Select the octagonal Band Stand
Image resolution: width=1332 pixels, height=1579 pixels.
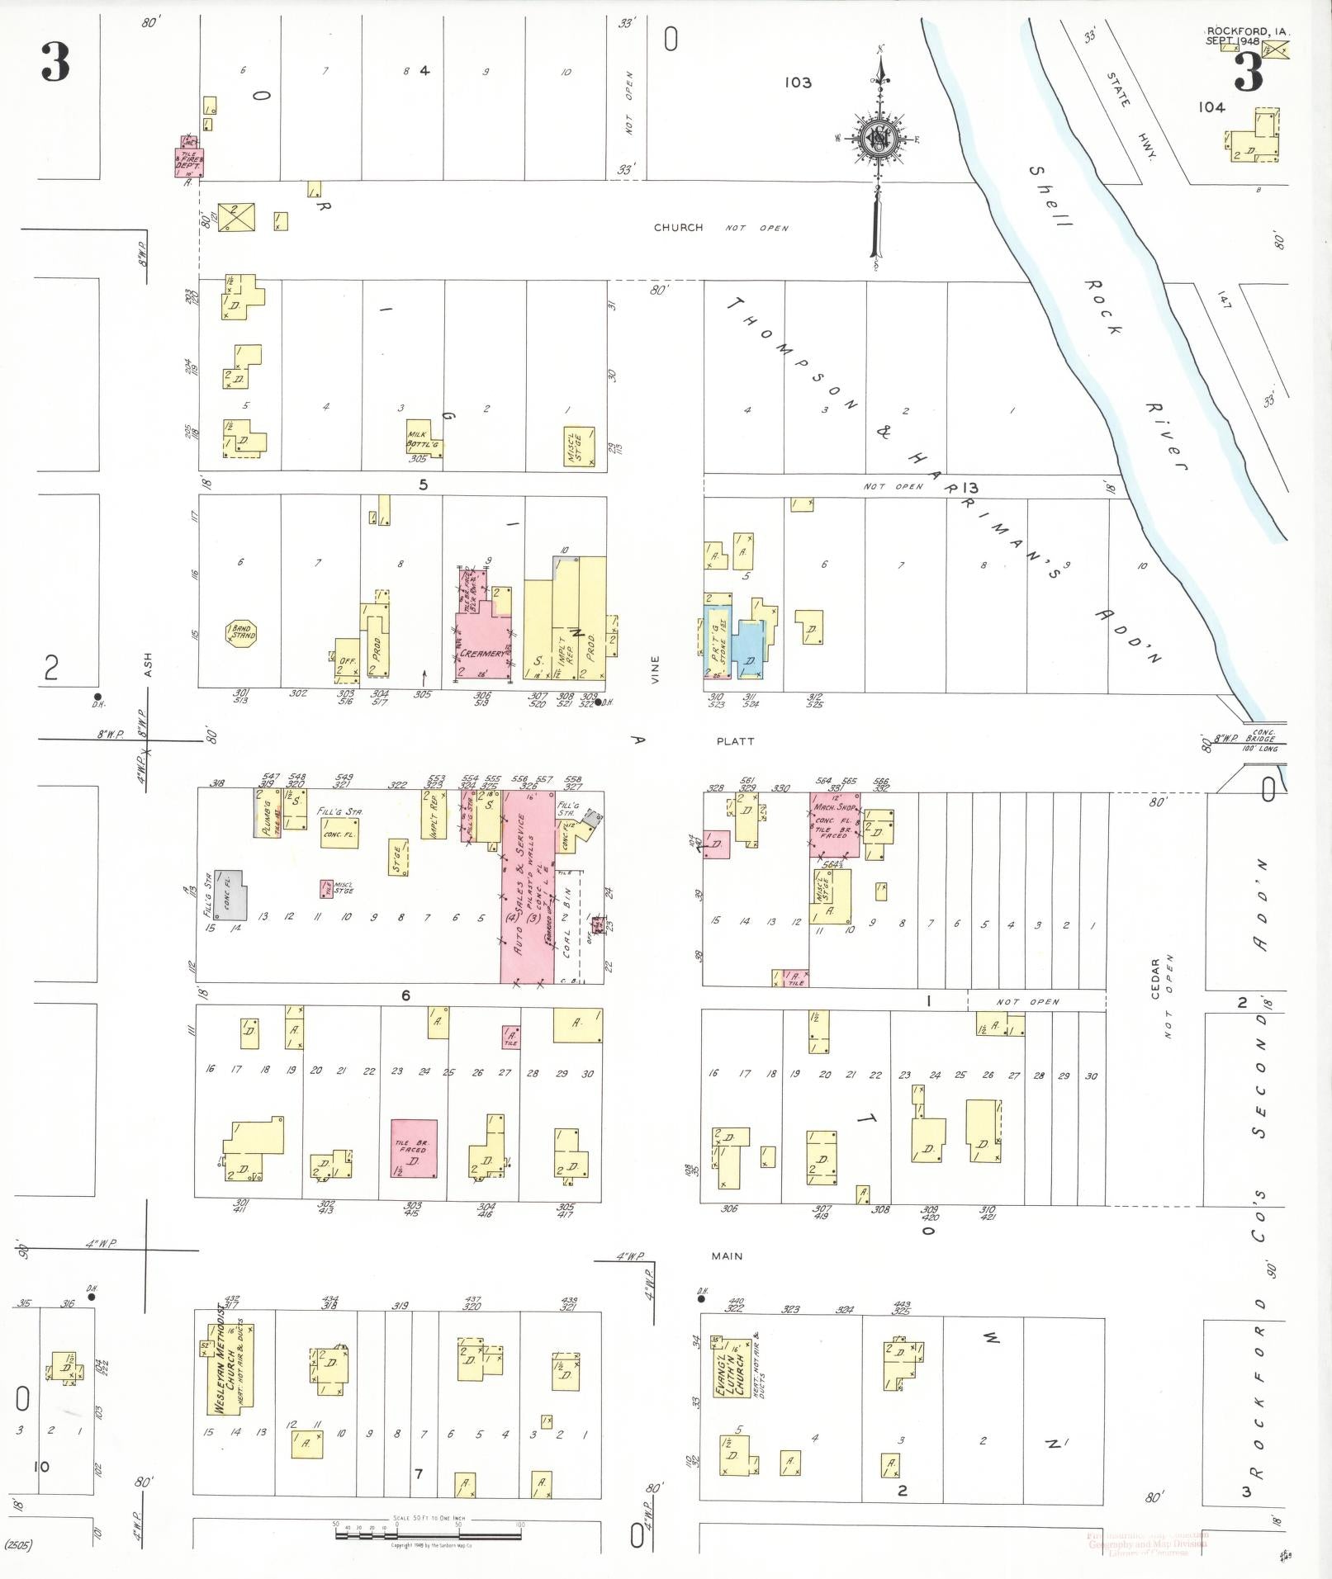pyautogui.click(x=242, y=634)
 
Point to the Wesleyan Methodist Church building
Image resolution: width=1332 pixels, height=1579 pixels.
pyautogui.click(x=228, y=1369)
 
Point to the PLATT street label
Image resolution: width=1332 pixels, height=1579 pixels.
pyautogui.click(x=735, y=741)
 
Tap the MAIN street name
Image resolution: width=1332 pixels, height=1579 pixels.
pyautogui.click(x=727, y=1256)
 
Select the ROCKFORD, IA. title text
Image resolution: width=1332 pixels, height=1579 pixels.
pyautogui.click(x=1247, y=31)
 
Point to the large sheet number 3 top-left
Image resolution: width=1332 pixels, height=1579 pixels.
pyautogui.click(x=55, y=62)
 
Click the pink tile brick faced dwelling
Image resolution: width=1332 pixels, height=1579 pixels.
pyautogui.click(x=414, y=1148)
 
